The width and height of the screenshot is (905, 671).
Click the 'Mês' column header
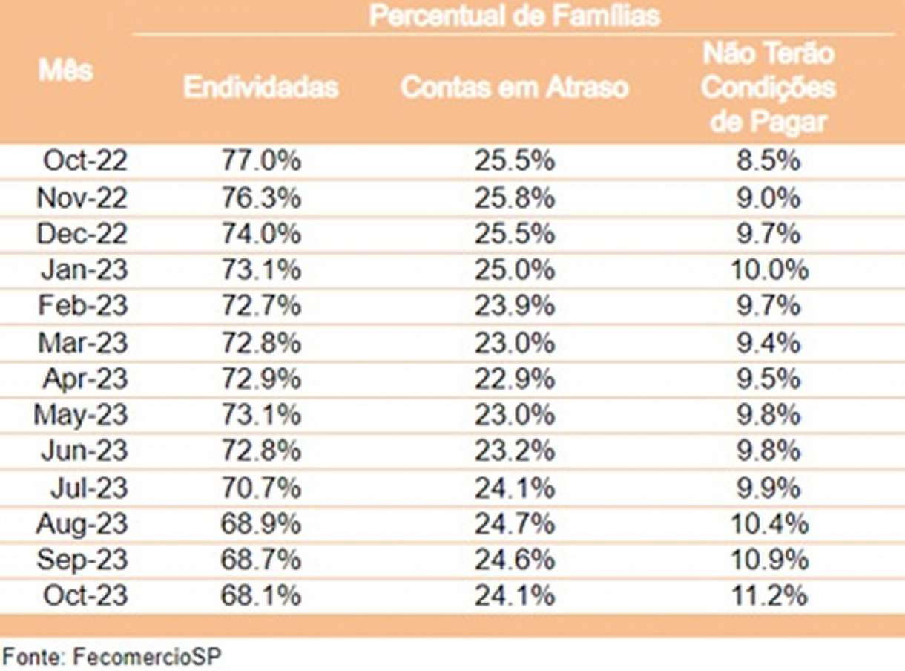point(66,71)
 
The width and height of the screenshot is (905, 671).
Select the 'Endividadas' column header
point(260,88)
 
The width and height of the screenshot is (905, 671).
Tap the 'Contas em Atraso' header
point(514,88)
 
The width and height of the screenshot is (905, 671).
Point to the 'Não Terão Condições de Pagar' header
point(768,88)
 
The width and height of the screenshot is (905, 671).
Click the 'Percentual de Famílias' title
point(514,16)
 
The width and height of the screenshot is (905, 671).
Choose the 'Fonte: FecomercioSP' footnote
point(112,655)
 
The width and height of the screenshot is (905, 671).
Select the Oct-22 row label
point(85,161)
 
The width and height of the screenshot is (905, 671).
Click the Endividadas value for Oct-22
point(260,161)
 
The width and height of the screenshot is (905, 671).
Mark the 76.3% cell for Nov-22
point(260,197)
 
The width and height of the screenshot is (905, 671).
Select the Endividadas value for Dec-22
point(260,234)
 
